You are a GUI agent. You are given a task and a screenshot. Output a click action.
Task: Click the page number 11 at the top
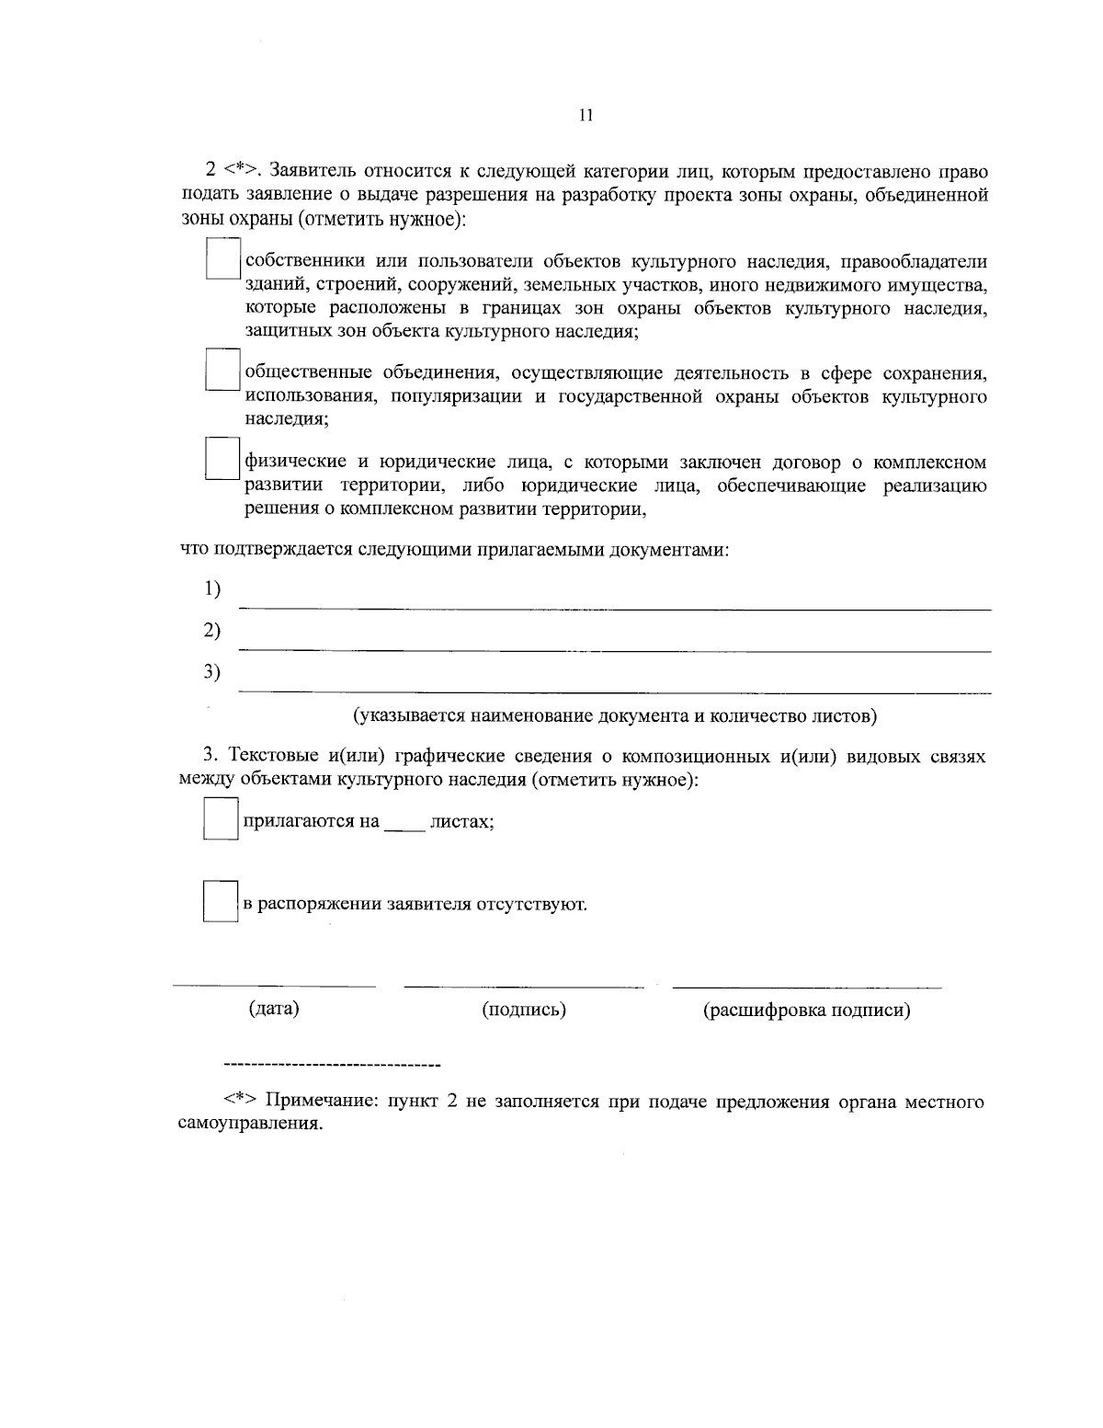pos(586,116)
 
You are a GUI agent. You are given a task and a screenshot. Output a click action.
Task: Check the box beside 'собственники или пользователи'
pos(222,259)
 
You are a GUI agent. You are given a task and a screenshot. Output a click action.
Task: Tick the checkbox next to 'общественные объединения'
pos(222,371)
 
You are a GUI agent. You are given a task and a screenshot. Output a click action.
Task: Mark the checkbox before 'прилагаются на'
pos(221,819)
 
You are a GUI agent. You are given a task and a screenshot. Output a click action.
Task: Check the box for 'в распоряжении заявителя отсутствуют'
pos(221,902)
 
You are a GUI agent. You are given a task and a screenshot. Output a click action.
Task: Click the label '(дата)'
pos(274,1009)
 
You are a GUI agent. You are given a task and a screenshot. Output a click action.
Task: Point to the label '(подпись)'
pos(524,1010)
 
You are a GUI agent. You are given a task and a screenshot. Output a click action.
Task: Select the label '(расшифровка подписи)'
pos(807,1010)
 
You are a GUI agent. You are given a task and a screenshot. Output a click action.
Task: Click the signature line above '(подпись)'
pos(524,988)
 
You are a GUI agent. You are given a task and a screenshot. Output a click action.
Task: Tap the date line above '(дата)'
pos(274,987)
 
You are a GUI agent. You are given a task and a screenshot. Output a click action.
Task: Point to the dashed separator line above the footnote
pos(332,1066)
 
